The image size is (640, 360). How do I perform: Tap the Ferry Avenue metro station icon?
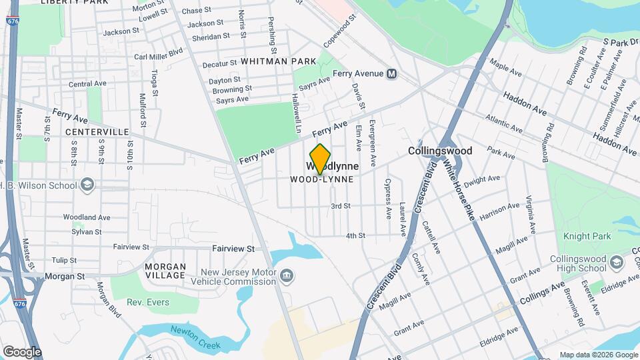(x=392, y=73)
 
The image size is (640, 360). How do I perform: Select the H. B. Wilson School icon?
(x=87, y=184)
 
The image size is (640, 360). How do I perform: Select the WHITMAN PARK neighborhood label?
(x=278, y=61)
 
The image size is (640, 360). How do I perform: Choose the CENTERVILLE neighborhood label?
(x=97, y=132)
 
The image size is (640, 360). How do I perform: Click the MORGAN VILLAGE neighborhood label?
(x=165, y=271)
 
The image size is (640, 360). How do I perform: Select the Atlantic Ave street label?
(x=505, y=124)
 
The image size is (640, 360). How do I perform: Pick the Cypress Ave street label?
(x=387, y=198)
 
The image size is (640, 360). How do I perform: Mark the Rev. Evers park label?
(x=148, y=302)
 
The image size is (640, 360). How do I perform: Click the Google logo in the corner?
(x=21, y=351)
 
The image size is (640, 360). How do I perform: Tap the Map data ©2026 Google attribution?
(x=598, y=355)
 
